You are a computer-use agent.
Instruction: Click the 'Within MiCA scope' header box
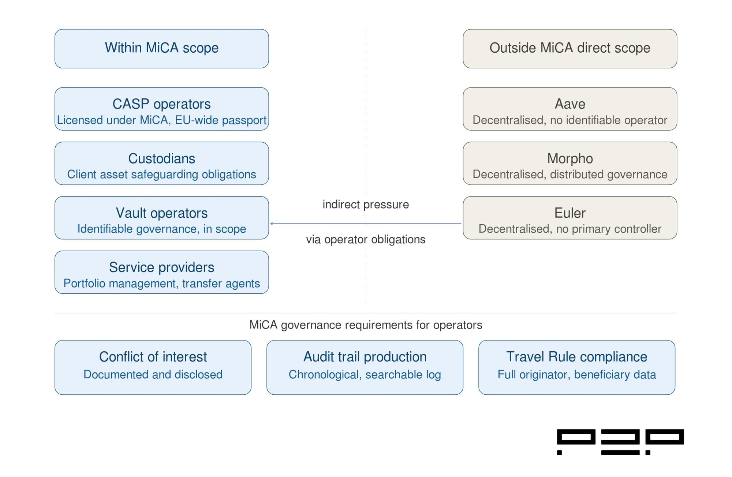161,48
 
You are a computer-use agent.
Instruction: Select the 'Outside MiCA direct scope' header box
569,48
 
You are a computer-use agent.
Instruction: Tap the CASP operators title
161,104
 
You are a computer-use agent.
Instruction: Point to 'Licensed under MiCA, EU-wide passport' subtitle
161,120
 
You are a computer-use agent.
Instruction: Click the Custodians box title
161,158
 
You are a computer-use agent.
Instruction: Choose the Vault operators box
161,218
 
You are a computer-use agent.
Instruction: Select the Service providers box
161,272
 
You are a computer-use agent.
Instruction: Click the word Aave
569,104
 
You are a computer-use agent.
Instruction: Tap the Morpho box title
569,158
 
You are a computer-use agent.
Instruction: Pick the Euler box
569,218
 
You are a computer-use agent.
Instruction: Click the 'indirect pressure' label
365,204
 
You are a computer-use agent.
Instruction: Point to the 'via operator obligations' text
365,240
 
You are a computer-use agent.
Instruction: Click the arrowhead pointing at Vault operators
272,224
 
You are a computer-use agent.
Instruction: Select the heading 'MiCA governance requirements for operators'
365,325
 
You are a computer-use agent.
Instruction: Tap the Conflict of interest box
153,367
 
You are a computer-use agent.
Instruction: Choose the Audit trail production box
365,367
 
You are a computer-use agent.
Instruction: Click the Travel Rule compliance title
576,357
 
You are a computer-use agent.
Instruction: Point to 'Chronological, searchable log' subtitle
365,375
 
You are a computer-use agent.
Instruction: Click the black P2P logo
620,442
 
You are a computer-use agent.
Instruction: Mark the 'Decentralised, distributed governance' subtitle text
569,174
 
